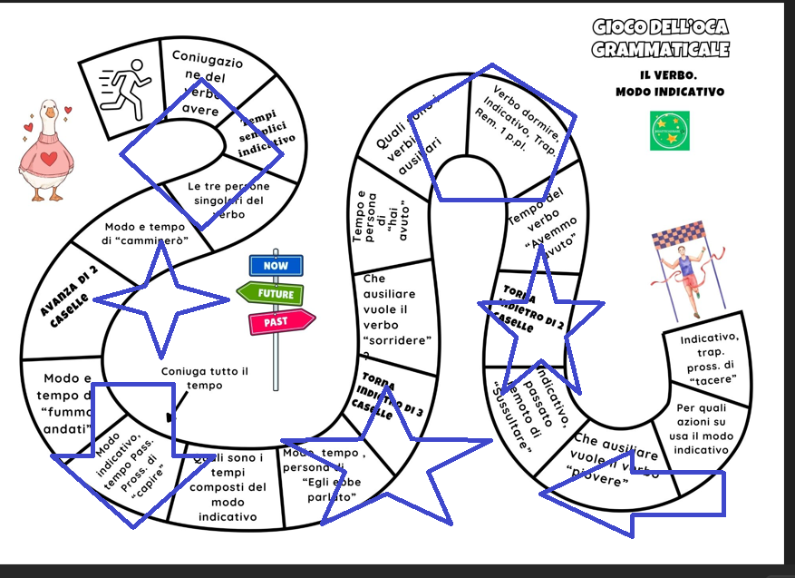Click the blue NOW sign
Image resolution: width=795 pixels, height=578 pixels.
276,265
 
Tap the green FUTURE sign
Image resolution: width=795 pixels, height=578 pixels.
273,293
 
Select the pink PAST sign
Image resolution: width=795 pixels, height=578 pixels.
280,321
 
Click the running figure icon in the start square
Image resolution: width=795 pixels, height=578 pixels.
126,89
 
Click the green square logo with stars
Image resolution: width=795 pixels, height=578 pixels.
669,131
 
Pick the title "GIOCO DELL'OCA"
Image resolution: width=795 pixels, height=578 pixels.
661,27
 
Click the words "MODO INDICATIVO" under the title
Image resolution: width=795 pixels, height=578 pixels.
670,92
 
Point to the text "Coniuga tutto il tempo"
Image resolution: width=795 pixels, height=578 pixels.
204,378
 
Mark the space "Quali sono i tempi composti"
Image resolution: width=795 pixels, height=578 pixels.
228,487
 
